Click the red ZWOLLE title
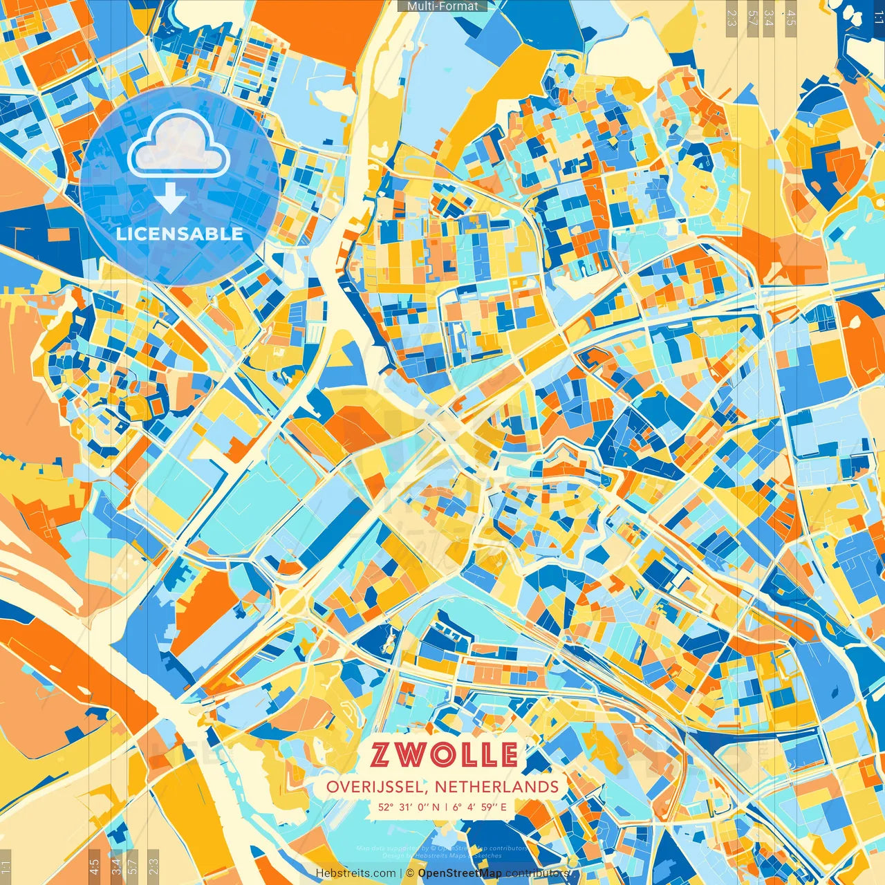443,754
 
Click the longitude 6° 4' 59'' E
481,807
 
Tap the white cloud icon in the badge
179,144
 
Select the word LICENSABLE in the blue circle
180,234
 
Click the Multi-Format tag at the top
442,6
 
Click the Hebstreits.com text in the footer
355,874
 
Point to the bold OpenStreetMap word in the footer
460,874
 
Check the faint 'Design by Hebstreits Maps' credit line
442,856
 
